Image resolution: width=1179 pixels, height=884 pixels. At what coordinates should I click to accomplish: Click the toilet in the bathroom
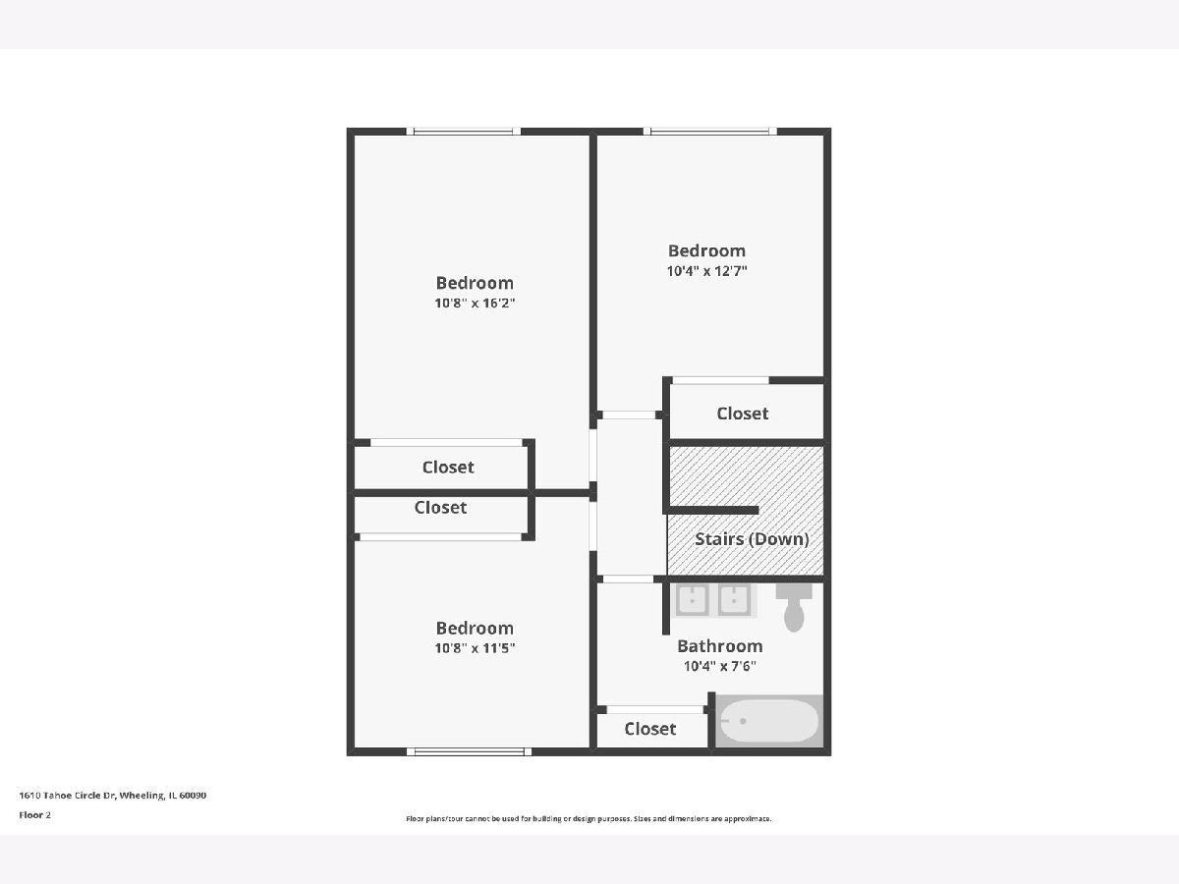pos(794,608)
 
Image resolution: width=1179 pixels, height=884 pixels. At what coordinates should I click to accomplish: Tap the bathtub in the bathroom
pos(768,721)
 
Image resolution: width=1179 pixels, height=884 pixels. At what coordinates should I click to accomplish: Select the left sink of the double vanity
pos(692,599)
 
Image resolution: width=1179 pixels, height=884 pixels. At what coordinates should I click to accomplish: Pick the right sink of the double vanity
pos(734,599)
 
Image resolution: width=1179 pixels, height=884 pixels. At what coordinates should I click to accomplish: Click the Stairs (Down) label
pos(752,539)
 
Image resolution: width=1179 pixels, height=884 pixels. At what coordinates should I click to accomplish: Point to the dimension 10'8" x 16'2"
pos(475,304)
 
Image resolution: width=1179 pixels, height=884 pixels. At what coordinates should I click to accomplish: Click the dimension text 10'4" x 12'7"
pos(706,271)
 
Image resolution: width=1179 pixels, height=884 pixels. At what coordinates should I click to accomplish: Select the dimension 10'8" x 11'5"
pos(475,648)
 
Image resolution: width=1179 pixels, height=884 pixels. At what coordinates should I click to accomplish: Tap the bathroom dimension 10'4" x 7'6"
pos(720,666)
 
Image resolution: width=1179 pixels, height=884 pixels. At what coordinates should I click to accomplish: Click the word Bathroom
pos(720,646)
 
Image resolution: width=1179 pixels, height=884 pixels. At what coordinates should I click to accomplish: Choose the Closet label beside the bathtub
pos(650,729)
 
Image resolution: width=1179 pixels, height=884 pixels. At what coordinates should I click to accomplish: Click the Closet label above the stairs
pos(743,414)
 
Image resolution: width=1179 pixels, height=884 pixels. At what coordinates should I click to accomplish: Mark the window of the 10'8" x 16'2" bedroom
pos(464,131)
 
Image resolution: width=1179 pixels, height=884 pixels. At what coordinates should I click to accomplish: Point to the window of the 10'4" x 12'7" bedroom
pos(710,131)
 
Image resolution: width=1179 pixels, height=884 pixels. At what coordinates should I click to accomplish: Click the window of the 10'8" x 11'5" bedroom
pos(469,751)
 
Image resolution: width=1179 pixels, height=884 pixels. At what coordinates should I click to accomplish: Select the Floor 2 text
pos(35,815)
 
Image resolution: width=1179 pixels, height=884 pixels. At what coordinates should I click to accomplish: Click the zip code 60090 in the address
pos(193,795)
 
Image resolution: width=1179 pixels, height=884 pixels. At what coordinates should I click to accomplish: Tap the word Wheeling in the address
pos(142,796)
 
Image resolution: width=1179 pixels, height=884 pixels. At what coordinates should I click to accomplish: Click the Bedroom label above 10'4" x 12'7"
pos(706,250)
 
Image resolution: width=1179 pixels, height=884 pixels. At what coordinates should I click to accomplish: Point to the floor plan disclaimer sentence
pos(589,818)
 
